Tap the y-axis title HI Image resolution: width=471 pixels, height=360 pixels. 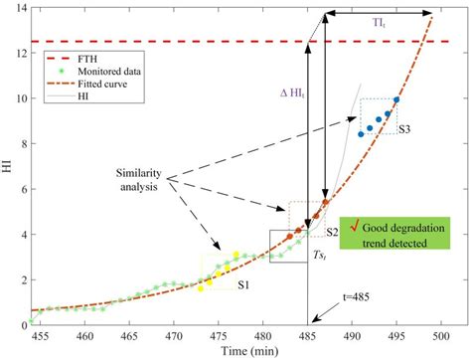pos(8,168)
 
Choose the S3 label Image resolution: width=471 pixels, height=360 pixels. pos(405,130)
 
